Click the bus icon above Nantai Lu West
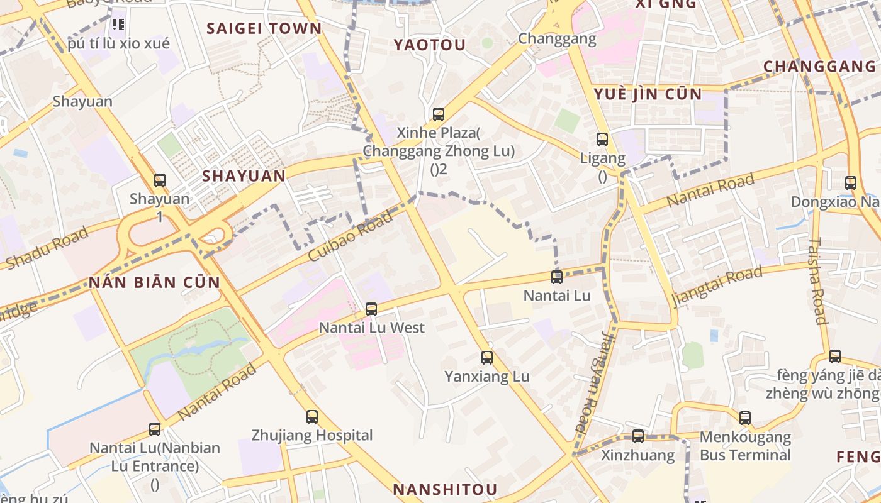pyautogui.click(x=371, y=309)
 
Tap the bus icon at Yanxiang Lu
pyautogui.click(x=487, y=358)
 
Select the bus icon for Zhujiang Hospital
pyautogui.click(x=312, y=416)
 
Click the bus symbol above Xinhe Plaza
pyautogui.click(x=439, y=114)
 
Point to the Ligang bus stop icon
pyautogui.click(x=602, y=140)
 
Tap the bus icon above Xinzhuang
pyautogui.click(x=638, y=436)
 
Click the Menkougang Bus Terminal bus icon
pyautogui.click(x=745, y=417)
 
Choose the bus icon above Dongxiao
pyautogui.click(x=851, y=183)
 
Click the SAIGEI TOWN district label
pyautogui.click(x=264, y=28)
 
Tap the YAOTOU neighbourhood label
pyautogui.click(x=430, y=45)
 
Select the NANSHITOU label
pyautogui.click(x=446, y=489)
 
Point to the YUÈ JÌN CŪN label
pyautogui.click(x=648, y=94)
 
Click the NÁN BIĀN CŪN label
pyautogui.click(x=154, y=282)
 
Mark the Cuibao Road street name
pyautogui.click(x=351, y=236)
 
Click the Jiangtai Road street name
pyautogui.click(x=717, y=286)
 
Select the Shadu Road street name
pyautogui.click(x=47, y=248)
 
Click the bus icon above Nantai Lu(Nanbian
pyautogui.click(x=155, y=429)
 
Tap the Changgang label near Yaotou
pyautogui.click(x=557, y=39)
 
